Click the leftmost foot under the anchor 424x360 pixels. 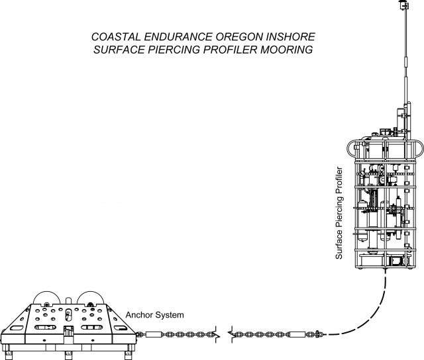point(7,347)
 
